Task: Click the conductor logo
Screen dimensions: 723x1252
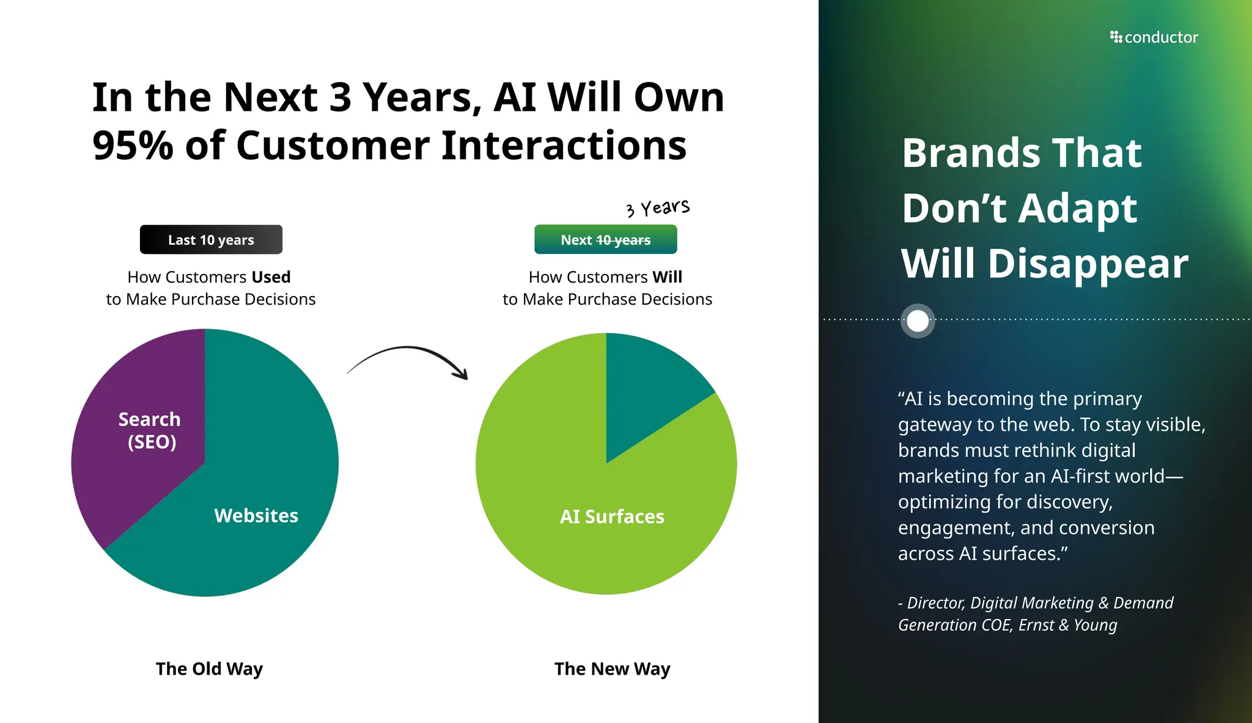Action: (1154, 37)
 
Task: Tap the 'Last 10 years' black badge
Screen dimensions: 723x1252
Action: (211, 240)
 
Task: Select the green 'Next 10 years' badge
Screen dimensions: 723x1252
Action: (605, 240)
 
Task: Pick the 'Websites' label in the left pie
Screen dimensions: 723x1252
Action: (256, 516)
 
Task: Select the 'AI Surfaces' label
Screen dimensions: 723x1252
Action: (612, 517)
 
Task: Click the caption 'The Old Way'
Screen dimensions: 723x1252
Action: (209, 669)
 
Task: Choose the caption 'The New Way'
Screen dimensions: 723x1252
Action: (612, 669)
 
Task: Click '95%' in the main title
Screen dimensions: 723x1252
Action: (133, 146)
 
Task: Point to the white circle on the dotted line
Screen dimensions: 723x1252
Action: (918, 321)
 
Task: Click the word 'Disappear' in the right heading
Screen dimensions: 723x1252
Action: (1088, 264)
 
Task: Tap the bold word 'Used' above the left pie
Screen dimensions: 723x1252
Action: (271, 277)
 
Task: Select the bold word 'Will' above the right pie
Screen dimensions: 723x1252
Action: (667, 277)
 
